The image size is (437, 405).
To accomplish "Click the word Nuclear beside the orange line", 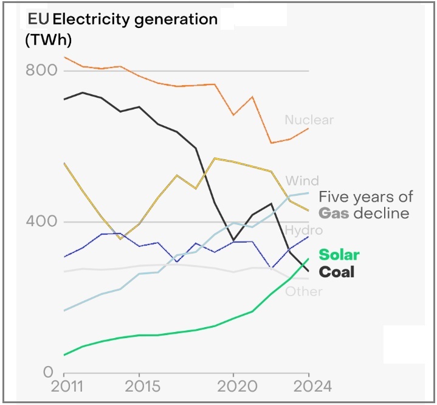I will click(309, 120).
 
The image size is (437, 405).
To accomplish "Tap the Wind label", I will click(302, 181).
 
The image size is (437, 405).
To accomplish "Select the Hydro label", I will click(304, 230).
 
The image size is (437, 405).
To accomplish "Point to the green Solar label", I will click(339, 255).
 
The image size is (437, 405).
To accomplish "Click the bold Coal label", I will click(336, 272).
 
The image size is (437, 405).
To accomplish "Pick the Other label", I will click(304, 291).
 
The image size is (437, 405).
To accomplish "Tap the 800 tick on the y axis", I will click(41, 71).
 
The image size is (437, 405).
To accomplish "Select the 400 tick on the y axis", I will click(41, 221).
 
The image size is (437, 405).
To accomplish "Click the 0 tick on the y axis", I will click(49, 372).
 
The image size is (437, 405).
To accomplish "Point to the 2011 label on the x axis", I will click(64, 387).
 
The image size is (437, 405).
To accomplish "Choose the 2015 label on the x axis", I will click(140, 387).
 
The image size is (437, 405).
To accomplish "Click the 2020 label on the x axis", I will click(233, 387).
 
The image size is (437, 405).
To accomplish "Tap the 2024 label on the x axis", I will click(309, 387).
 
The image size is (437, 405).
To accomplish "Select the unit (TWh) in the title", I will click(49, 40).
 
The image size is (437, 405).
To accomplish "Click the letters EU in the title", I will click(38, 19).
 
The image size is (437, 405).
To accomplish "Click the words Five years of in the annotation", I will click(366, 196).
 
